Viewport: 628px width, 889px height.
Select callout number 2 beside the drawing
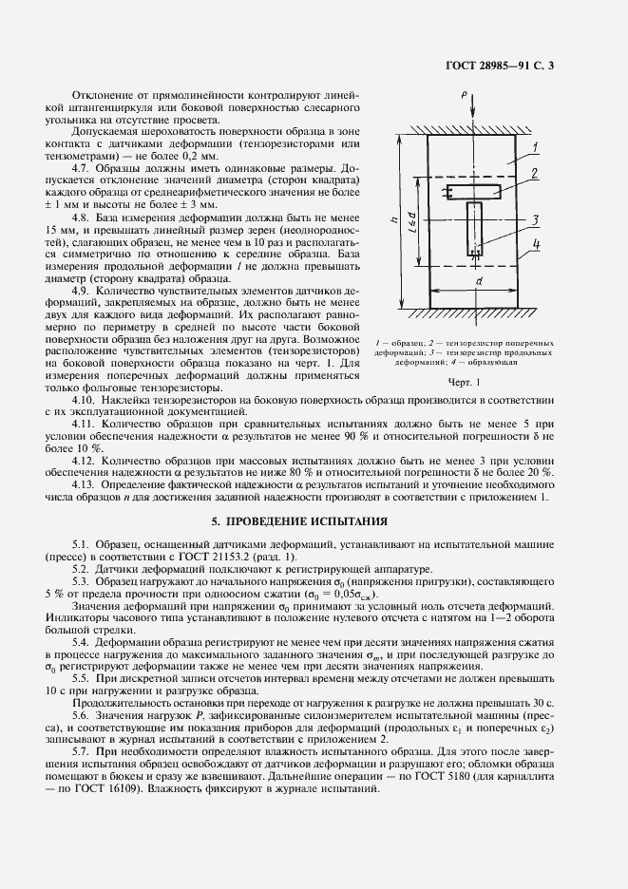pos(535,173)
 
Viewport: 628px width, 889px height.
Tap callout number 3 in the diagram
pos(535,220)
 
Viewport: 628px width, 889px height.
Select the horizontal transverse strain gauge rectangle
pos(475,191)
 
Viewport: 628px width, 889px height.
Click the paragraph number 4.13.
pos(84,485)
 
